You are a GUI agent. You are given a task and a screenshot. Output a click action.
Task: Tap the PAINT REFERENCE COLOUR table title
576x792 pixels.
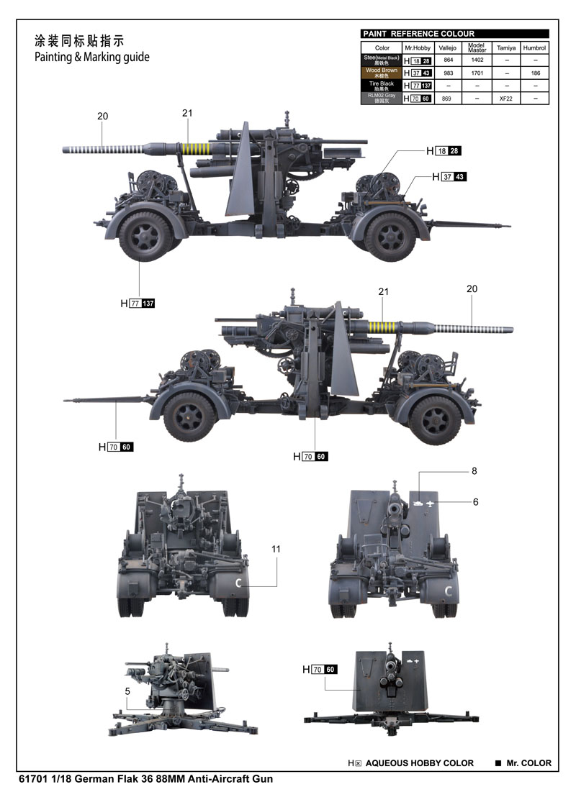pyautogui.click(x=418, y=34)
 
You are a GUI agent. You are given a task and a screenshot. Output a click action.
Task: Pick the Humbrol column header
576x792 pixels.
pyautogui.click(x=534, y=47)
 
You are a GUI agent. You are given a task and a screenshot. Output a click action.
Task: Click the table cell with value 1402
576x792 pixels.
pyautogui.click(x=477, y=60)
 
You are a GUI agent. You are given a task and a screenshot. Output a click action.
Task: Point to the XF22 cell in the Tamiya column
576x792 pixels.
pyautogui.click(x=506, y=98)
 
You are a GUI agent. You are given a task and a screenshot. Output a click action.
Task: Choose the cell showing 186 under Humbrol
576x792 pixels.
pyautogui.click(x=534, y=73)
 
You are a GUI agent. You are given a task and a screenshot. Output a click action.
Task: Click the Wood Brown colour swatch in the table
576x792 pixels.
pyautogui.click(x=381, y=73)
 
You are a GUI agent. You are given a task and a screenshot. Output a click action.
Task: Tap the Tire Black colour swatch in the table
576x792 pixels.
pyautogui.click(x=381, y=86)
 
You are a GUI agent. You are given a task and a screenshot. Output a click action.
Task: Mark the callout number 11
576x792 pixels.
pyautogui.click(x=276, y=549)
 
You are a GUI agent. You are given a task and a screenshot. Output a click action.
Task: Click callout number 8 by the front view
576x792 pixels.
pyautogui.click(x=474, y=471)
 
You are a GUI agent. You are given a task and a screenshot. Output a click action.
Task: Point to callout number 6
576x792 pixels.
pyautogui.click(x=475, y=502)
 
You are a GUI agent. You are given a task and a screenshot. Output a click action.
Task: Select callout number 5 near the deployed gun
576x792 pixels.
pyautogui.click(x=127, y=692)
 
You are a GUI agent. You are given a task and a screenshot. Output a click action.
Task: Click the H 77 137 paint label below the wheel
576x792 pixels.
pyautogui.click(x=138, y=304)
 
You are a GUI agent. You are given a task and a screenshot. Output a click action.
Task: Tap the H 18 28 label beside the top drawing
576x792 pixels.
pyautogui.click(x=443, y=151)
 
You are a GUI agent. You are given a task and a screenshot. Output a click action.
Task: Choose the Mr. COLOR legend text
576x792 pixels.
pyautogui.click(x=528, y=763)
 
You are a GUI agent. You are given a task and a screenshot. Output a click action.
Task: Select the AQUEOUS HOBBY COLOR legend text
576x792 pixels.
pyautogui.click(x=420, y=763)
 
